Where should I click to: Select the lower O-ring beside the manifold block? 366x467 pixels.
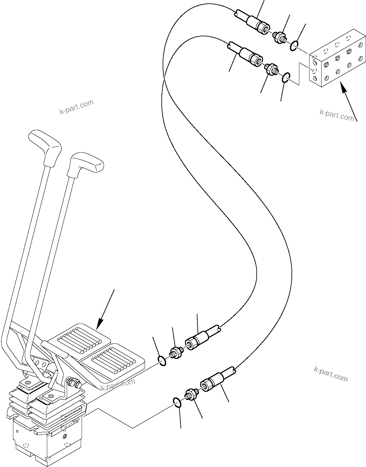point(286,78)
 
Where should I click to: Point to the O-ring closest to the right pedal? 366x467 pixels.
point(162,361)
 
